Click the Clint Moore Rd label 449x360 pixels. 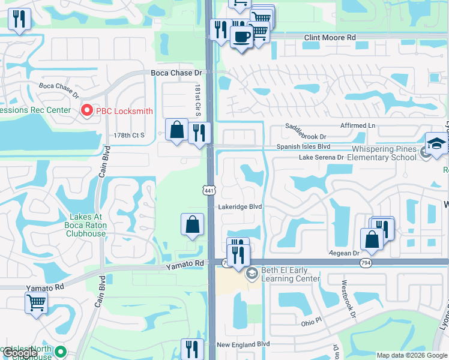click(x=330, y=37)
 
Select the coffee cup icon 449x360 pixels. click(x=241, y=37)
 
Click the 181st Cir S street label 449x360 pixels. click(x=197, y=100)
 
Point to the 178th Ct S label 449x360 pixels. click(x=129, y=136)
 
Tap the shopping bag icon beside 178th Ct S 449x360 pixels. click(x=177, y=129)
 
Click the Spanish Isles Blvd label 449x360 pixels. click(x=303, y=146)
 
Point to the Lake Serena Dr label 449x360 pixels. click(x=321, y=157)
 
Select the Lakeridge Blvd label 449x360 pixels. click(x=240, y=206)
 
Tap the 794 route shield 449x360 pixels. click(x=365, y=263)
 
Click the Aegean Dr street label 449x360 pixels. click(x=343, y=254)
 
